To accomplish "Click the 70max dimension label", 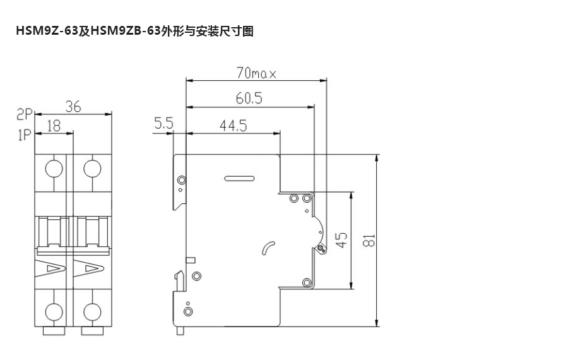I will [x=256, y=74].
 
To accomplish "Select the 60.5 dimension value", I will [x=249, y=98].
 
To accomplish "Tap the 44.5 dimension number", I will [x=234, y=125].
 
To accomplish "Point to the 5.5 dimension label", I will [x=163, y=124].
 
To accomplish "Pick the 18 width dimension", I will [x=54, y=126].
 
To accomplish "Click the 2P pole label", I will [x=24, y=114].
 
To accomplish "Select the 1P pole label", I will [x=24, y=134].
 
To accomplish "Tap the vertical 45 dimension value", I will [x=341, y=239].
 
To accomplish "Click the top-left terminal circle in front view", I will [x=54, y=169].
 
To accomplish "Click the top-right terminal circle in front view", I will [x=93, y=169].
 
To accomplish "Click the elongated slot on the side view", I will [x=238, y=179].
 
